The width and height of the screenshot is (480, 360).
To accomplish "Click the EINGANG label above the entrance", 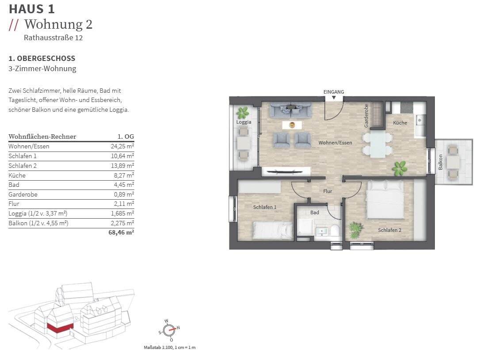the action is tap(334, 92).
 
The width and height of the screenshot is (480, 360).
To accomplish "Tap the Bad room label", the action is tap(314, 212).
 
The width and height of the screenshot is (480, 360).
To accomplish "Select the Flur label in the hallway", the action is tap(328, 191).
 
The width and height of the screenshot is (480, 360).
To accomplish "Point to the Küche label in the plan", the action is tap(400, 123).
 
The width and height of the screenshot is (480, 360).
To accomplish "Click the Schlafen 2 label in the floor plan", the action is tap(389, 230).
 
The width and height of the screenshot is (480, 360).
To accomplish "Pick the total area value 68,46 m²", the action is tap(121, 232).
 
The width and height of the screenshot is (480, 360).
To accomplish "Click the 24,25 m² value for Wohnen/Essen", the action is tap(122, 146).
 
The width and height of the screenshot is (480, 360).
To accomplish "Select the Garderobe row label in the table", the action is tap(23, 194).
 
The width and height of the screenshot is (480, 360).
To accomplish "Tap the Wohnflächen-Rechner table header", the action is tap(42, 136).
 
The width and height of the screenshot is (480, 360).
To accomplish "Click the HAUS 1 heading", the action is tap(32, 9).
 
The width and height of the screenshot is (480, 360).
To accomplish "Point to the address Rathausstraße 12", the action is tap(53, 38).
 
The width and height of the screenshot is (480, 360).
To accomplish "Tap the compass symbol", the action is tap(169, 330).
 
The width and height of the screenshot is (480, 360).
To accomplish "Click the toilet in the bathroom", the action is tap(335, 230).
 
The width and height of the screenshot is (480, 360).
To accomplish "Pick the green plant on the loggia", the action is tap(243, 113).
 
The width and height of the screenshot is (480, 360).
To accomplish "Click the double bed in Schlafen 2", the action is tap(385, 199).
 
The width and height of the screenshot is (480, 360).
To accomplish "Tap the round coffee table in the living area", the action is tap(292, 125).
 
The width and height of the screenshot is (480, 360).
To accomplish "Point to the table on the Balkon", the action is tap(453, 163).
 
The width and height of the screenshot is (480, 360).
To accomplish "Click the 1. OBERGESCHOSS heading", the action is tap(42, 58).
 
